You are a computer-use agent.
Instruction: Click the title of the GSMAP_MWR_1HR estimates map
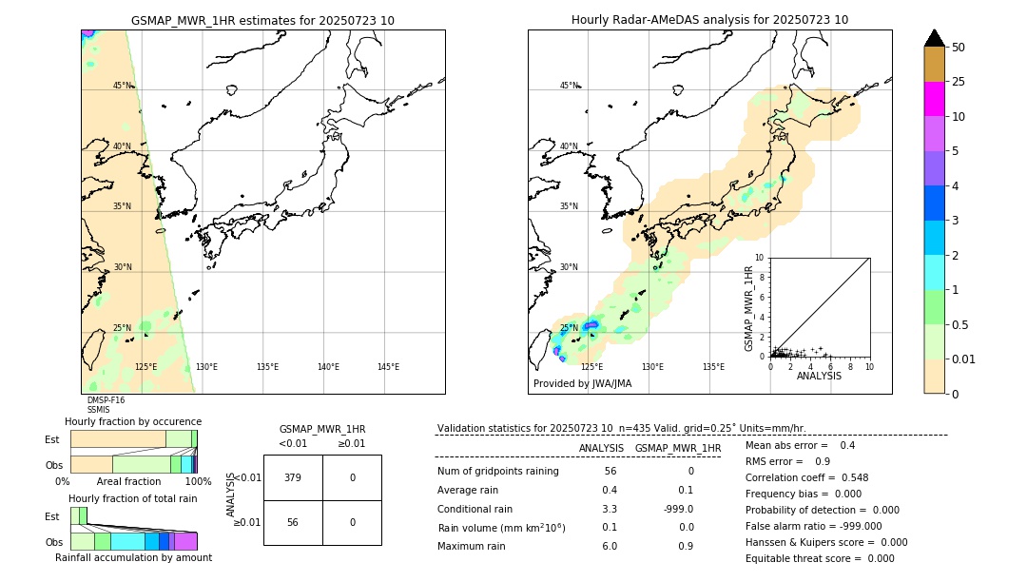(262, 20)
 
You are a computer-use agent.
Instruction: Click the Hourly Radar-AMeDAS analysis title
(709, 20)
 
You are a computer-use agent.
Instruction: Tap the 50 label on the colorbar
(959, 48)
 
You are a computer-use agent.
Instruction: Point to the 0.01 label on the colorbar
(964, 359)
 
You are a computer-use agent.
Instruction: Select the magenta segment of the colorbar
(935, 99)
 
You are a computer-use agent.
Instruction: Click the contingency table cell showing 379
(293, 477)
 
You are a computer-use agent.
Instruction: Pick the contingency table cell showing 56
(293, 522)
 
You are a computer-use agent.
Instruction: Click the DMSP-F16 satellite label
(106, 400)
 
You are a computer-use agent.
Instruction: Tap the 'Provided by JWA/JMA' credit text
(582, 384)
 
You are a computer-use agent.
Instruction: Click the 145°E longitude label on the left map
(388, 367)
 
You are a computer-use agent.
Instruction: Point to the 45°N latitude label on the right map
(569, 86)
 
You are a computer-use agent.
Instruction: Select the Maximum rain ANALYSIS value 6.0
(609, 546)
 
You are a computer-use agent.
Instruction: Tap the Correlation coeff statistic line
(806, 477)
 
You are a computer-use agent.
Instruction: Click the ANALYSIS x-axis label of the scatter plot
(819, 376)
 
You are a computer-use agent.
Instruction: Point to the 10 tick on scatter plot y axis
(759, 258)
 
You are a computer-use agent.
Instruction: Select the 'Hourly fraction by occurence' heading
(133, 421)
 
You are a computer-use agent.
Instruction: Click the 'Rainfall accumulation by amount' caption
(133, 558)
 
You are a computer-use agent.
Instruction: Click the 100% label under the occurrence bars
(198, 481)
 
